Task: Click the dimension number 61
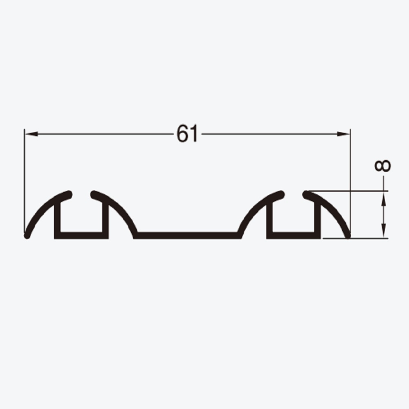pos(188,134)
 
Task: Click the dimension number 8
pos(383,166)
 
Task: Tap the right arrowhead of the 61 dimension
pos(343,134)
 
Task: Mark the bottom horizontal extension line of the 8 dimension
pos(355,238)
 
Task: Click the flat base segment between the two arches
pos(187,235)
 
